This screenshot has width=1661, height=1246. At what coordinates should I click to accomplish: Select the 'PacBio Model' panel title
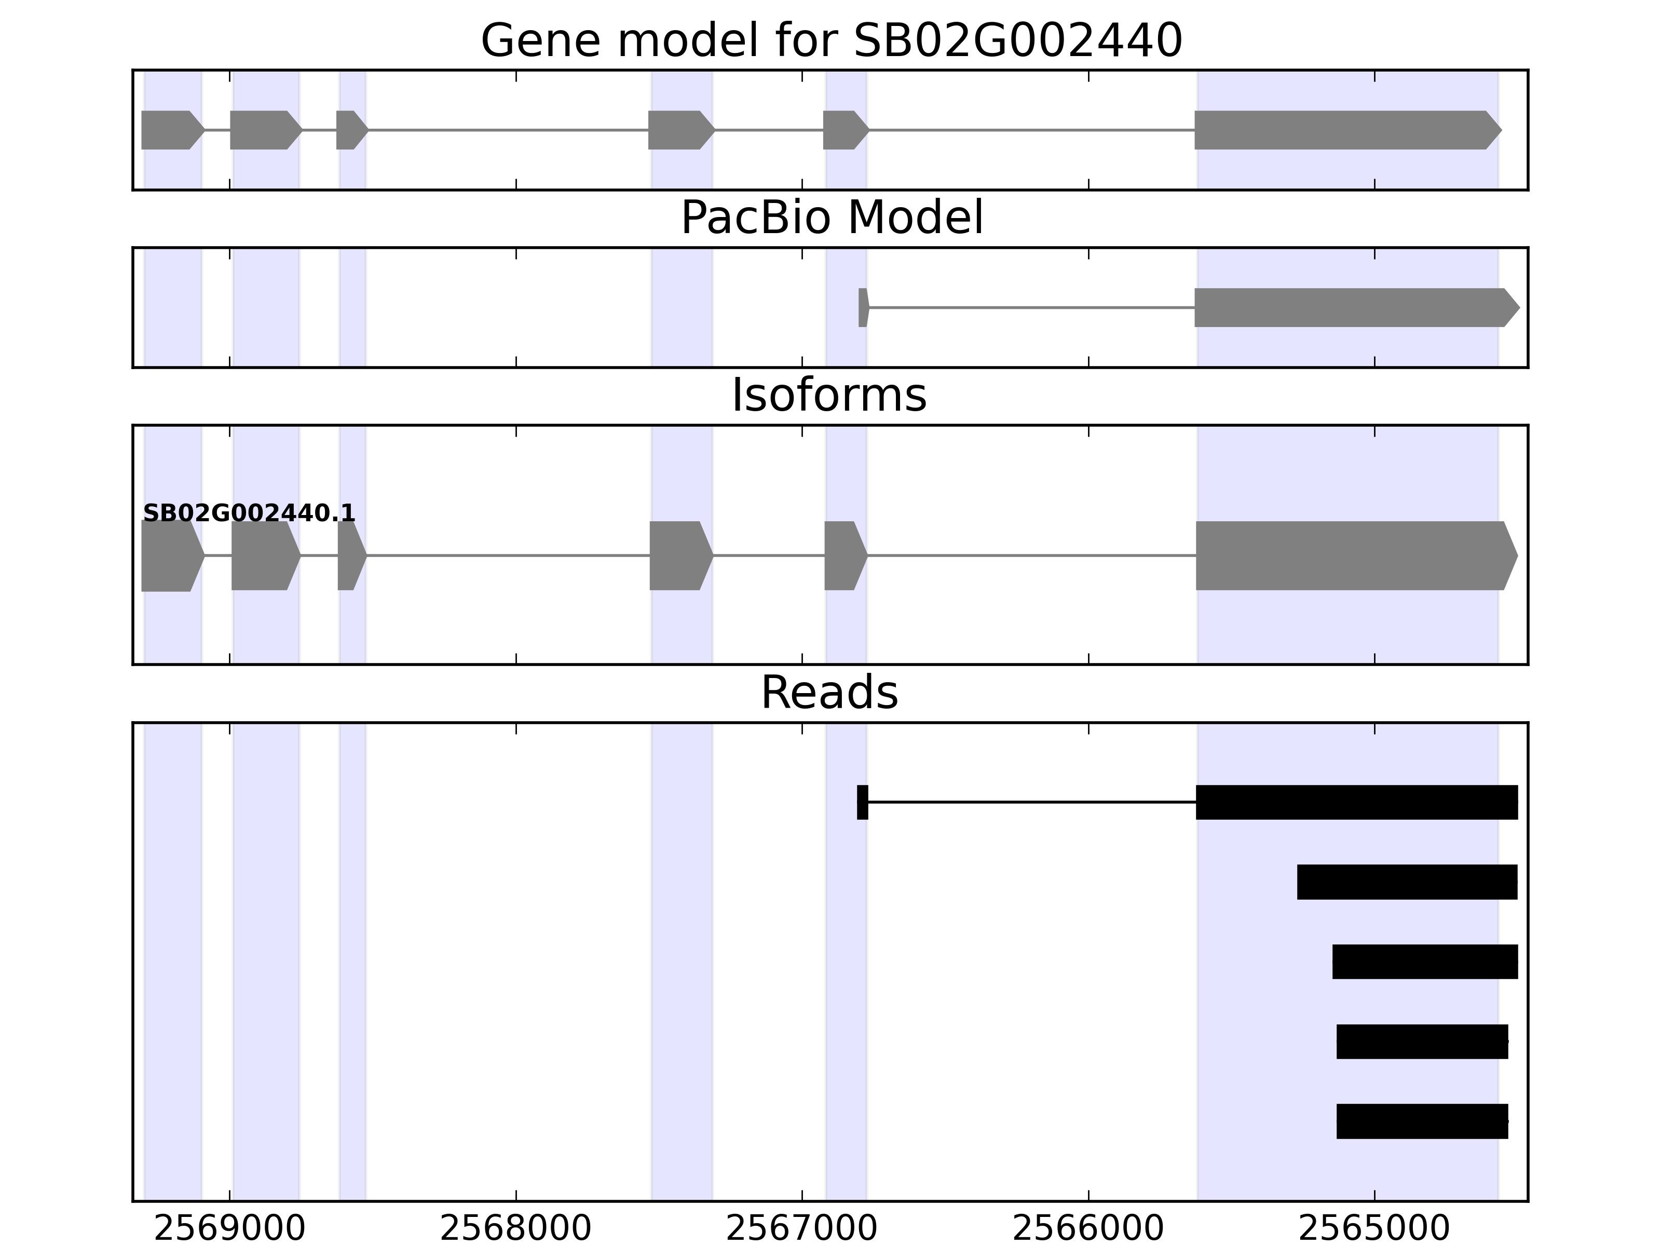[830, 218]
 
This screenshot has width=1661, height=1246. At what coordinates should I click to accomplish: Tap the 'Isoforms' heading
[828, 395]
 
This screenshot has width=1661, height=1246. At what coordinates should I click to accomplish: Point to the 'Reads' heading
[828, 693]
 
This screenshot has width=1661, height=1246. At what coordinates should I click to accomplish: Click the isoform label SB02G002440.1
[249, 514]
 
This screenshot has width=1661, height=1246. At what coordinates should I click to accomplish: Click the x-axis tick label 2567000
[801, 1229]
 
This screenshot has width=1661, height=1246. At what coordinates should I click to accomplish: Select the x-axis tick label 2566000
[1087, 1229]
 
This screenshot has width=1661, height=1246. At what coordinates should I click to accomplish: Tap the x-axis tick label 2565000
[1373, 1229]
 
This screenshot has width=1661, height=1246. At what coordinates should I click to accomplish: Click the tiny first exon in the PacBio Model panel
[863, 307]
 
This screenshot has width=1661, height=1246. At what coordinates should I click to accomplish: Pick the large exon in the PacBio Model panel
[1352, 307]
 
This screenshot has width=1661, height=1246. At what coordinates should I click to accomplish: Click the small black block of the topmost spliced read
[862, 802]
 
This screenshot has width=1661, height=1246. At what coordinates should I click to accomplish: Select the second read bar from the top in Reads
[1407, 882]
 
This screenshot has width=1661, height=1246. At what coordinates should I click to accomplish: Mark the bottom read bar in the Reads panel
[1422, 1121]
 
